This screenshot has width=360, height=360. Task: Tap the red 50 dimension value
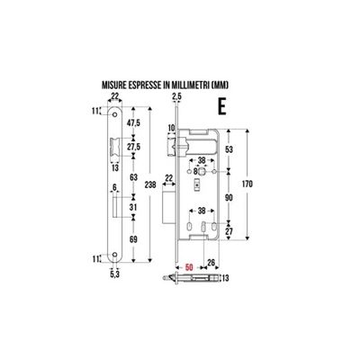click(189, 266)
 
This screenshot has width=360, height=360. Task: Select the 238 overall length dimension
click(150, 184)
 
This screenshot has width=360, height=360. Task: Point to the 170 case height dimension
click(247, 184)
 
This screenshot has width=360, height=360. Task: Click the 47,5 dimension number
click(134, 122)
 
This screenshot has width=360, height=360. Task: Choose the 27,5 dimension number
click(134, 147)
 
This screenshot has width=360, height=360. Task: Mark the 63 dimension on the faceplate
click(134, 177)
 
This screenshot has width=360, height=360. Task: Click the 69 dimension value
click(134, 239)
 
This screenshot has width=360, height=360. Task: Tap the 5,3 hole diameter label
click(115, 274)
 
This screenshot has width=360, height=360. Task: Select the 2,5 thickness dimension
click(177, 96)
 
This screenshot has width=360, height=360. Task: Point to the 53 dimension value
click(229, 149)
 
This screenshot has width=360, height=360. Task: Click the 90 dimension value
click(229, 198)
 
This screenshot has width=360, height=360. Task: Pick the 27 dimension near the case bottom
click(229, 231)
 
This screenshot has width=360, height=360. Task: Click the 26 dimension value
click(211, 263)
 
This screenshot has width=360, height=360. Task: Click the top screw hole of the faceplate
click(114, 115)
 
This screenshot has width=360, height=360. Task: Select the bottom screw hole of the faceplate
click(114, 255)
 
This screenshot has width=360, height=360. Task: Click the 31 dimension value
click(134, 207)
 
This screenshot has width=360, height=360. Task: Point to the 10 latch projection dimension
click(171, 128)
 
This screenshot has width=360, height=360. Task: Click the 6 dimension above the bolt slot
click(114, 187)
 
